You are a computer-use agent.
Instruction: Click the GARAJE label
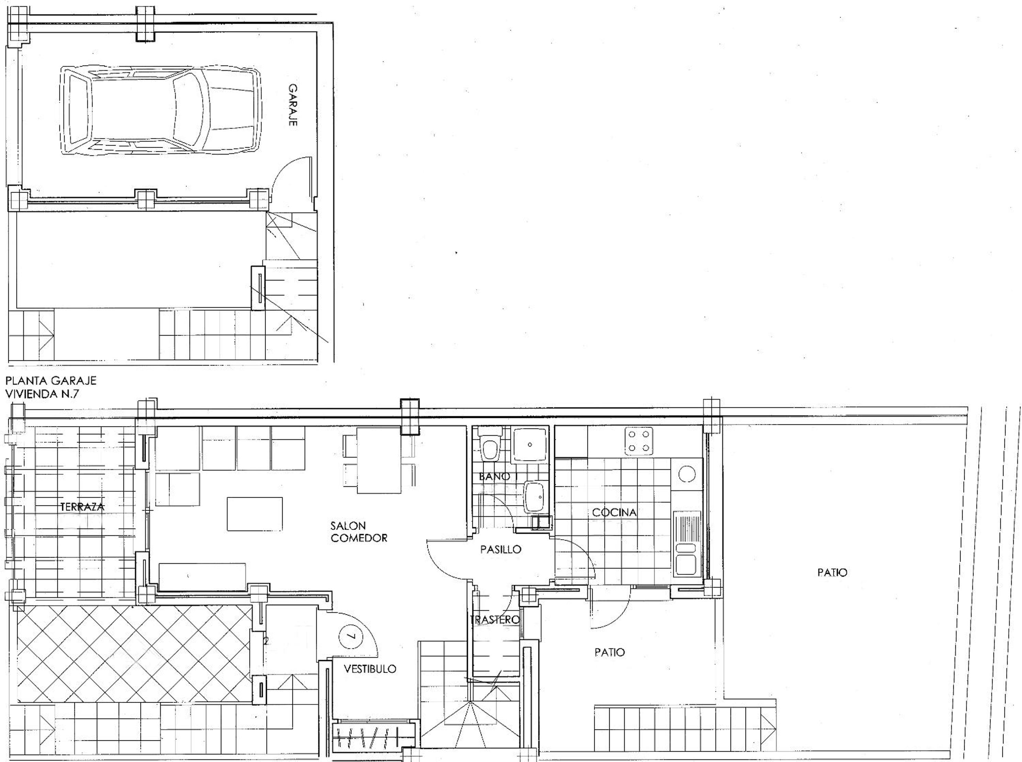(293, 105)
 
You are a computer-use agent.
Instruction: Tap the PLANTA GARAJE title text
(51, 380)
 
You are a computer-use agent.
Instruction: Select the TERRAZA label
(82, 507)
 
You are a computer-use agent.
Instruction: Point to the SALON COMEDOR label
(359, 531)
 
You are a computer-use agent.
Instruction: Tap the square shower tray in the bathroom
(530, 444)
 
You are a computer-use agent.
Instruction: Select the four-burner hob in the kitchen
(639, 441)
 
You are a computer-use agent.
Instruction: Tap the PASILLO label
(501, 549)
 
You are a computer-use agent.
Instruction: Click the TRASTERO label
(495, 620)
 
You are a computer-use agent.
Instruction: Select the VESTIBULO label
(370, 669)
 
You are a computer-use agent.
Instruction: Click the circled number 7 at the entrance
(351, 636)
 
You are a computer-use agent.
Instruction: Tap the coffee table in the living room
(255, 514)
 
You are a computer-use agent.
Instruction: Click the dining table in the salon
(379, 460)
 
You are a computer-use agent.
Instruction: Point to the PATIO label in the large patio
(832, 572)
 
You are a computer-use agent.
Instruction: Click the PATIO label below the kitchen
(609, 652)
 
